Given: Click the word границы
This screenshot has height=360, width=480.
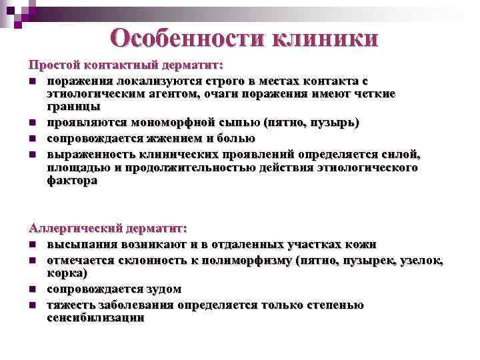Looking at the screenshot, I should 73,107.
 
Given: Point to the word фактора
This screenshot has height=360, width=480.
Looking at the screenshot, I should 71,180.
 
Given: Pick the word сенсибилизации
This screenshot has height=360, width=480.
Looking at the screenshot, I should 95,318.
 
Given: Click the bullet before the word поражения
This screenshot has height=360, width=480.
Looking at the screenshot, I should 32,82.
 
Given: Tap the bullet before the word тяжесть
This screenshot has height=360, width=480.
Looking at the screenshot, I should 32,306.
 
